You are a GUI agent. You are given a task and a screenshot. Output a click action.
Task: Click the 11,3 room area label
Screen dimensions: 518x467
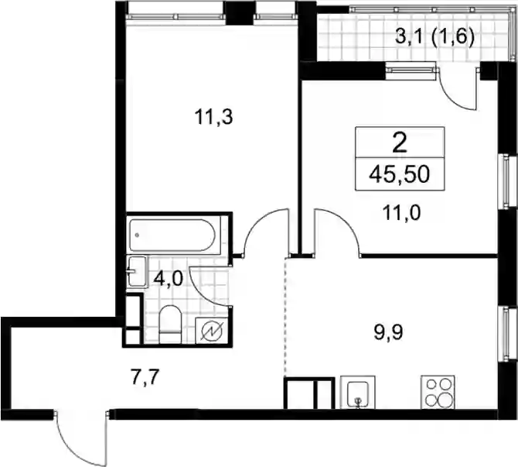click(x=213, y=117)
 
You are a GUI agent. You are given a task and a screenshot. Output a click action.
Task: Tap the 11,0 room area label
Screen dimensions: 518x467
click(x=402, y=213)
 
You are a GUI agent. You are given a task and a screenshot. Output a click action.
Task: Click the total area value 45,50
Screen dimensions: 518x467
click(x=400, y=174)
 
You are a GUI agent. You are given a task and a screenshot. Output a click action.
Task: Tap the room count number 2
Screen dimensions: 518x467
click(x=400, y=143)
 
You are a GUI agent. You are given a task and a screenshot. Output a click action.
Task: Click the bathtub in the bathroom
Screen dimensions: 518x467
click(x=174, y=235)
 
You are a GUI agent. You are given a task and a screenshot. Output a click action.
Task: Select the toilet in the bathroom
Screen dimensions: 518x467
click(x=170, y=324)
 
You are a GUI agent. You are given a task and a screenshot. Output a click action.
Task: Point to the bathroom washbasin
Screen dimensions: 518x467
click(x=137, y=271)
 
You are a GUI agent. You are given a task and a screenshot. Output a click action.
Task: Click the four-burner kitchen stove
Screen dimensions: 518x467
click(x=438, y=392)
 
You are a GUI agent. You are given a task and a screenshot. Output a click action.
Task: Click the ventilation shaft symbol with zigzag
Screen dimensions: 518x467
click(x=211, y=331)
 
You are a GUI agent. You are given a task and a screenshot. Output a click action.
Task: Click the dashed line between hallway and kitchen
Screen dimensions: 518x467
click(x=285, y=317)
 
